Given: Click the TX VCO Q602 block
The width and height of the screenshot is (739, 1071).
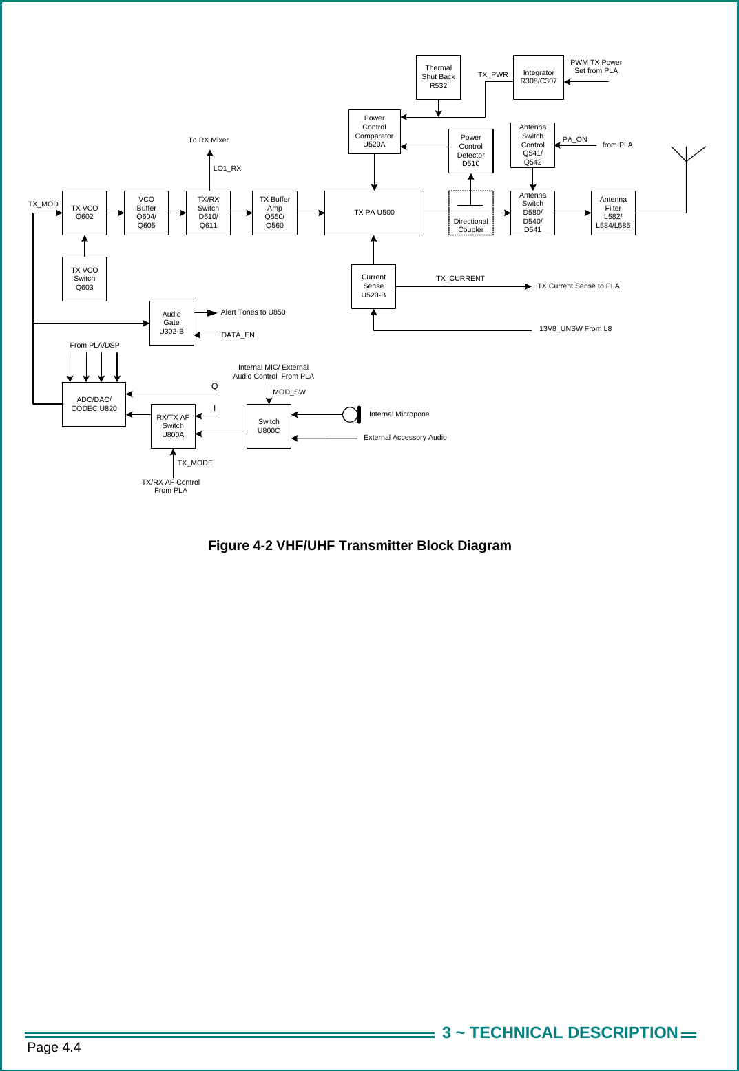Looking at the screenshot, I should coord(84,213).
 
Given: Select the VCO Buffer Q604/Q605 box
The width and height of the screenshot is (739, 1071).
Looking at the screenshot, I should coord(146,213).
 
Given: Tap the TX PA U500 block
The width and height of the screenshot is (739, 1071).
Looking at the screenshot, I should coord(374,213).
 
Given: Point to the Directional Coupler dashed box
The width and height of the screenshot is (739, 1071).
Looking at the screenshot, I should coord(470,213).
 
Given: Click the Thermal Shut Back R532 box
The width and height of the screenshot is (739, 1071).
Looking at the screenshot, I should coord(438,77).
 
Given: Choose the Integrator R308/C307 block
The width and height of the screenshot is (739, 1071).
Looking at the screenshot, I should coord(539,77).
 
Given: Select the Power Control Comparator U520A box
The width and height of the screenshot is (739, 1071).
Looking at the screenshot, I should coord(374,131).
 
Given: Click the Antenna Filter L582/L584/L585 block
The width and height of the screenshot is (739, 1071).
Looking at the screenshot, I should coord(613,213).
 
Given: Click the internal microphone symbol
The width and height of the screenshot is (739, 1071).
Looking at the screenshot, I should coord(351,414).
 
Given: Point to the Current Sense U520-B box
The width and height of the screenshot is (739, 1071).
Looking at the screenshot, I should coord(373,286).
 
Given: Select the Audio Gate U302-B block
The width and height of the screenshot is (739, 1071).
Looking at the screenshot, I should coord(171,323).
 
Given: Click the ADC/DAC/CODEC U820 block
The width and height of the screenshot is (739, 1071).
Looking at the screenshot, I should coord(94,404).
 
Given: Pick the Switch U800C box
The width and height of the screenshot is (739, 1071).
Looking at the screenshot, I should coord(269,426).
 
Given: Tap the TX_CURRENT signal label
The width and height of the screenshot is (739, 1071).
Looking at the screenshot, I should coord(460,279).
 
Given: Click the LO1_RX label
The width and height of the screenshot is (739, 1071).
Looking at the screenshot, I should coord(227,169).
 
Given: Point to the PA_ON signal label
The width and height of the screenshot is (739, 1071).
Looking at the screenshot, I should coord(574,140).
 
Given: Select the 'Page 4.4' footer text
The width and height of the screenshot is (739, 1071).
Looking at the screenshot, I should coord(54,1048).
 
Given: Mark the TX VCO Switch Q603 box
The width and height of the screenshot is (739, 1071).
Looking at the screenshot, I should coord(84,279).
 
